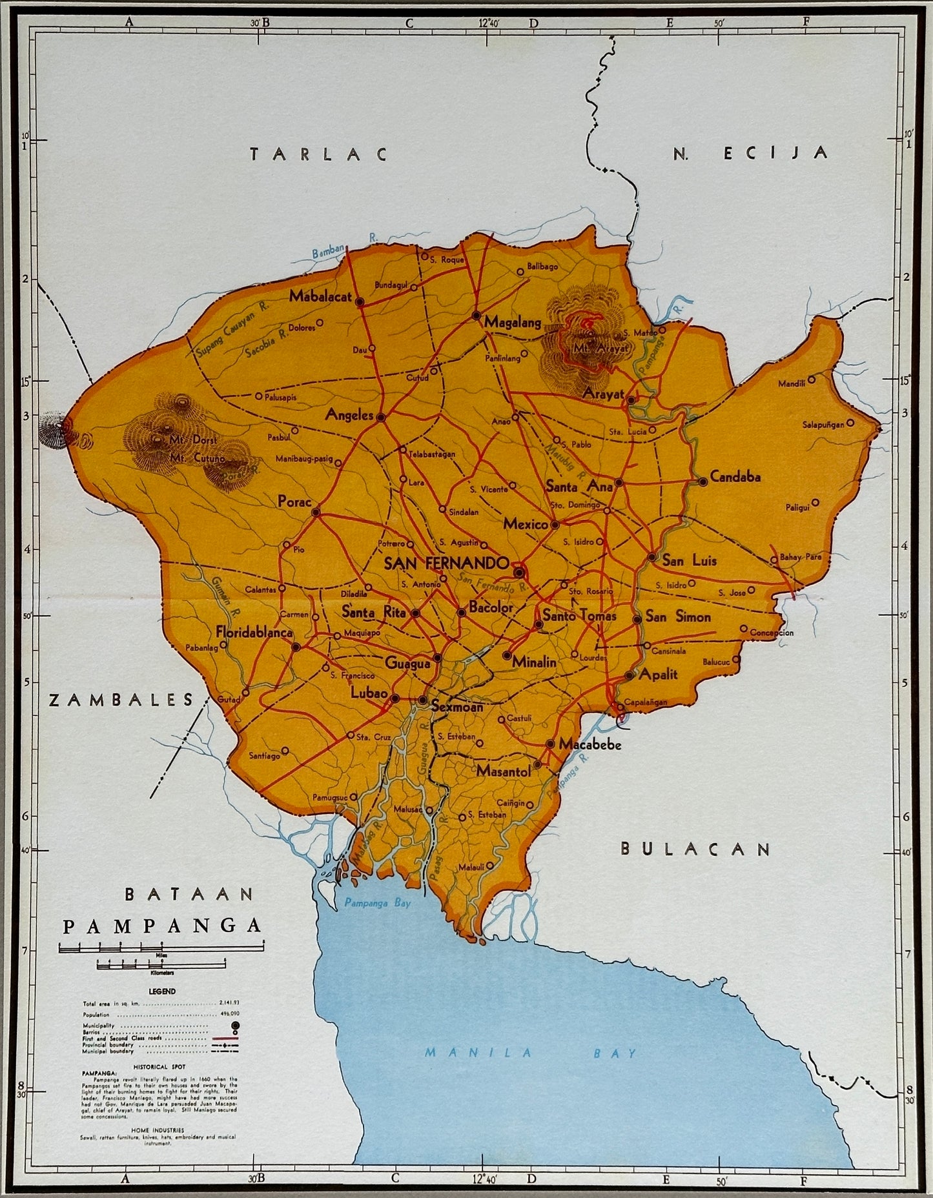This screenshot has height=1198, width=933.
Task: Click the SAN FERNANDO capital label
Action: click(447, 563)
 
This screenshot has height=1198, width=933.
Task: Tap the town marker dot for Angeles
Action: click(381, 418)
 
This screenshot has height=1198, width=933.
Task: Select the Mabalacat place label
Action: click(320, 297)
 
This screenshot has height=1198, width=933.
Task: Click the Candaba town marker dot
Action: click(702, 482)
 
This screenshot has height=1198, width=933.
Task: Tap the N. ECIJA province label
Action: click(750, 153)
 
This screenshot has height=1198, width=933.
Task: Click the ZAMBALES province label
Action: click(121, 700)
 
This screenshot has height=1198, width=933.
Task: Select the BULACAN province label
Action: click(695, 849)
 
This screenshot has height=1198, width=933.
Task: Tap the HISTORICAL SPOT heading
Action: click(161, 1068)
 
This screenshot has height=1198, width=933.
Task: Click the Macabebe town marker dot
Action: click(550, 744)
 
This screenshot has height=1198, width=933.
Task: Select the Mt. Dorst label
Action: click(187, 440)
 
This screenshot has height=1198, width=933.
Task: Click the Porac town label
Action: click(294, 501)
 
